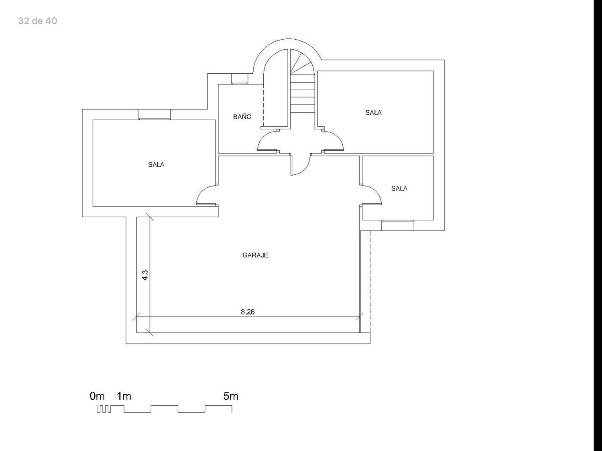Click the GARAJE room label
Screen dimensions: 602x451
255,255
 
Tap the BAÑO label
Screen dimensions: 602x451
242,117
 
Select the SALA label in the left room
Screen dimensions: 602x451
156,165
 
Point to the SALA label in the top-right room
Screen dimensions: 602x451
373,113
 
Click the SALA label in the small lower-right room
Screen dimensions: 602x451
399,188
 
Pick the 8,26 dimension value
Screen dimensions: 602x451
248,312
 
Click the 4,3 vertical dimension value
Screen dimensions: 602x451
145,275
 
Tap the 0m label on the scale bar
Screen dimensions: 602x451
97,396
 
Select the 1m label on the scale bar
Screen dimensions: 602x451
124,396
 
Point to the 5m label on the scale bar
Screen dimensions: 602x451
231,396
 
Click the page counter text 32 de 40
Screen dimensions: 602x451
38,21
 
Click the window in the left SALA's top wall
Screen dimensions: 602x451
154,115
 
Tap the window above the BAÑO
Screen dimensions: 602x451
240,79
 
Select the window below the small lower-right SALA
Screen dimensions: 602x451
398,225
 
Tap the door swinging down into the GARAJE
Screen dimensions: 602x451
305,170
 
